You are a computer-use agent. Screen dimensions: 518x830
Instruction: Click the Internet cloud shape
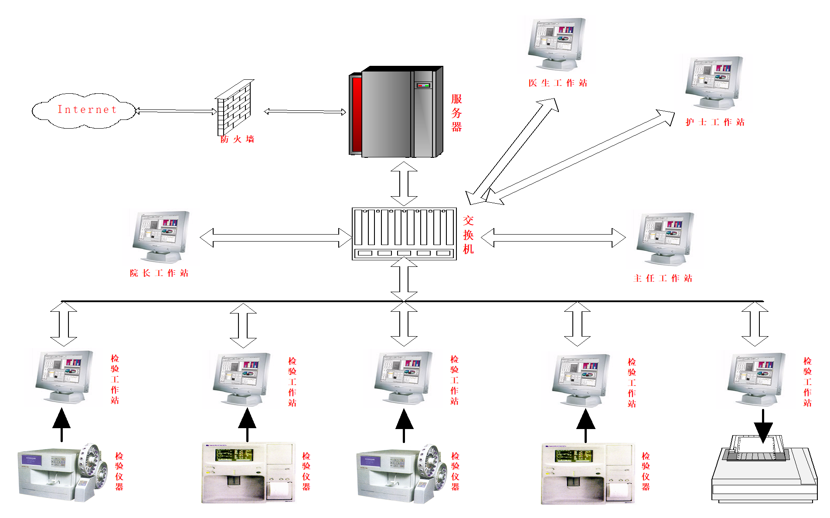[84, 110]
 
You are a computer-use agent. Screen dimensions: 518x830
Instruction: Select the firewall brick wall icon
[235, 108]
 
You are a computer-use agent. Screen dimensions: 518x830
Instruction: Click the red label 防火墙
[237, 140]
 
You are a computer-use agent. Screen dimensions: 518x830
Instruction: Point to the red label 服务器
[456, 113]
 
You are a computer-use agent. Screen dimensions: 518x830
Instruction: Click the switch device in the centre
[404, 234]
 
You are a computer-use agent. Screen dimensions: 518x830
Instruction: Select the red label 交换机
[468, 235]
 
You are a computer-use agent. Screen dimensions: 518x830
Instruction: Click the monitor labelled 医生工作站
[556, 44]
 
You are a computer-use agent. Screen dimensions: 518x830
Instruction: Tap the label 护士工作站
[715, 123]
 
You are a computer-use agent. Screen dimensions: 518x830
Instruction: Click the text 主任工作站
[663, 278]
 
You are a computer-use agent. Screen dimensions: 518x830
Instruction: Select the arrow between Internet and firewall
[176, 111]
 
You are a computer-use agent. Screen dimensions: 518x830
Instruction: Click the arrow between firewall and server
[305, 112]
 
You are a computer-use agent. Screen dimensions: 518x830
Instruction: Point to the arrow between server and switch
[404, 184]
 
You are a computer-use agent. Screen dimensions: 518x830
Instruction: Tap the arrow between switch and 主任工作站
[553, 238]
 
